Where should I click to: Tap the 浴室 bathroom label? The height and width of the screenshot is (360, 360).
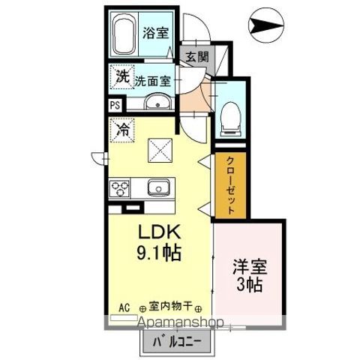pyautogui.click(x=155, y=33)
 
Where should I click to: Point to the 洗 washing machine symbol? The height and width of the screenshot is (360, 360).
pyautogui.click(x=121, y=76)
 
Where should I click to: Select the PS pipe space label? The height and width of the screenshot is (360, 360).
pyautogui.click(x=115, y=106)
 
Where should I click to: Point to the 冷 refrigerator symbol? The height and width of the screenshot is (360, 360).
pyautogui.click(x=121, y=129)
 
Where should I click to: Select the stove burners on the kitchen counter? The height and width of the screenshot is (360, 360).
pyautogui.click(x=120, y=187)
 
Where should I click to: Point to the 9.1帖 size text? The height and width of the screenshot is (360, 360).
pyautogui.click(x=158, y=253)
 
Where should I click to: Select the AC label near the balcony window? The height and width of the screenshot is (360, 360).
pyautogui.click(x=124, y=306)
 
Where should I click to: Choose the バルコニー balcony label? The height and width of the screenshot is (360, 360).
pyautogui.click(x=172, y=342)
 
